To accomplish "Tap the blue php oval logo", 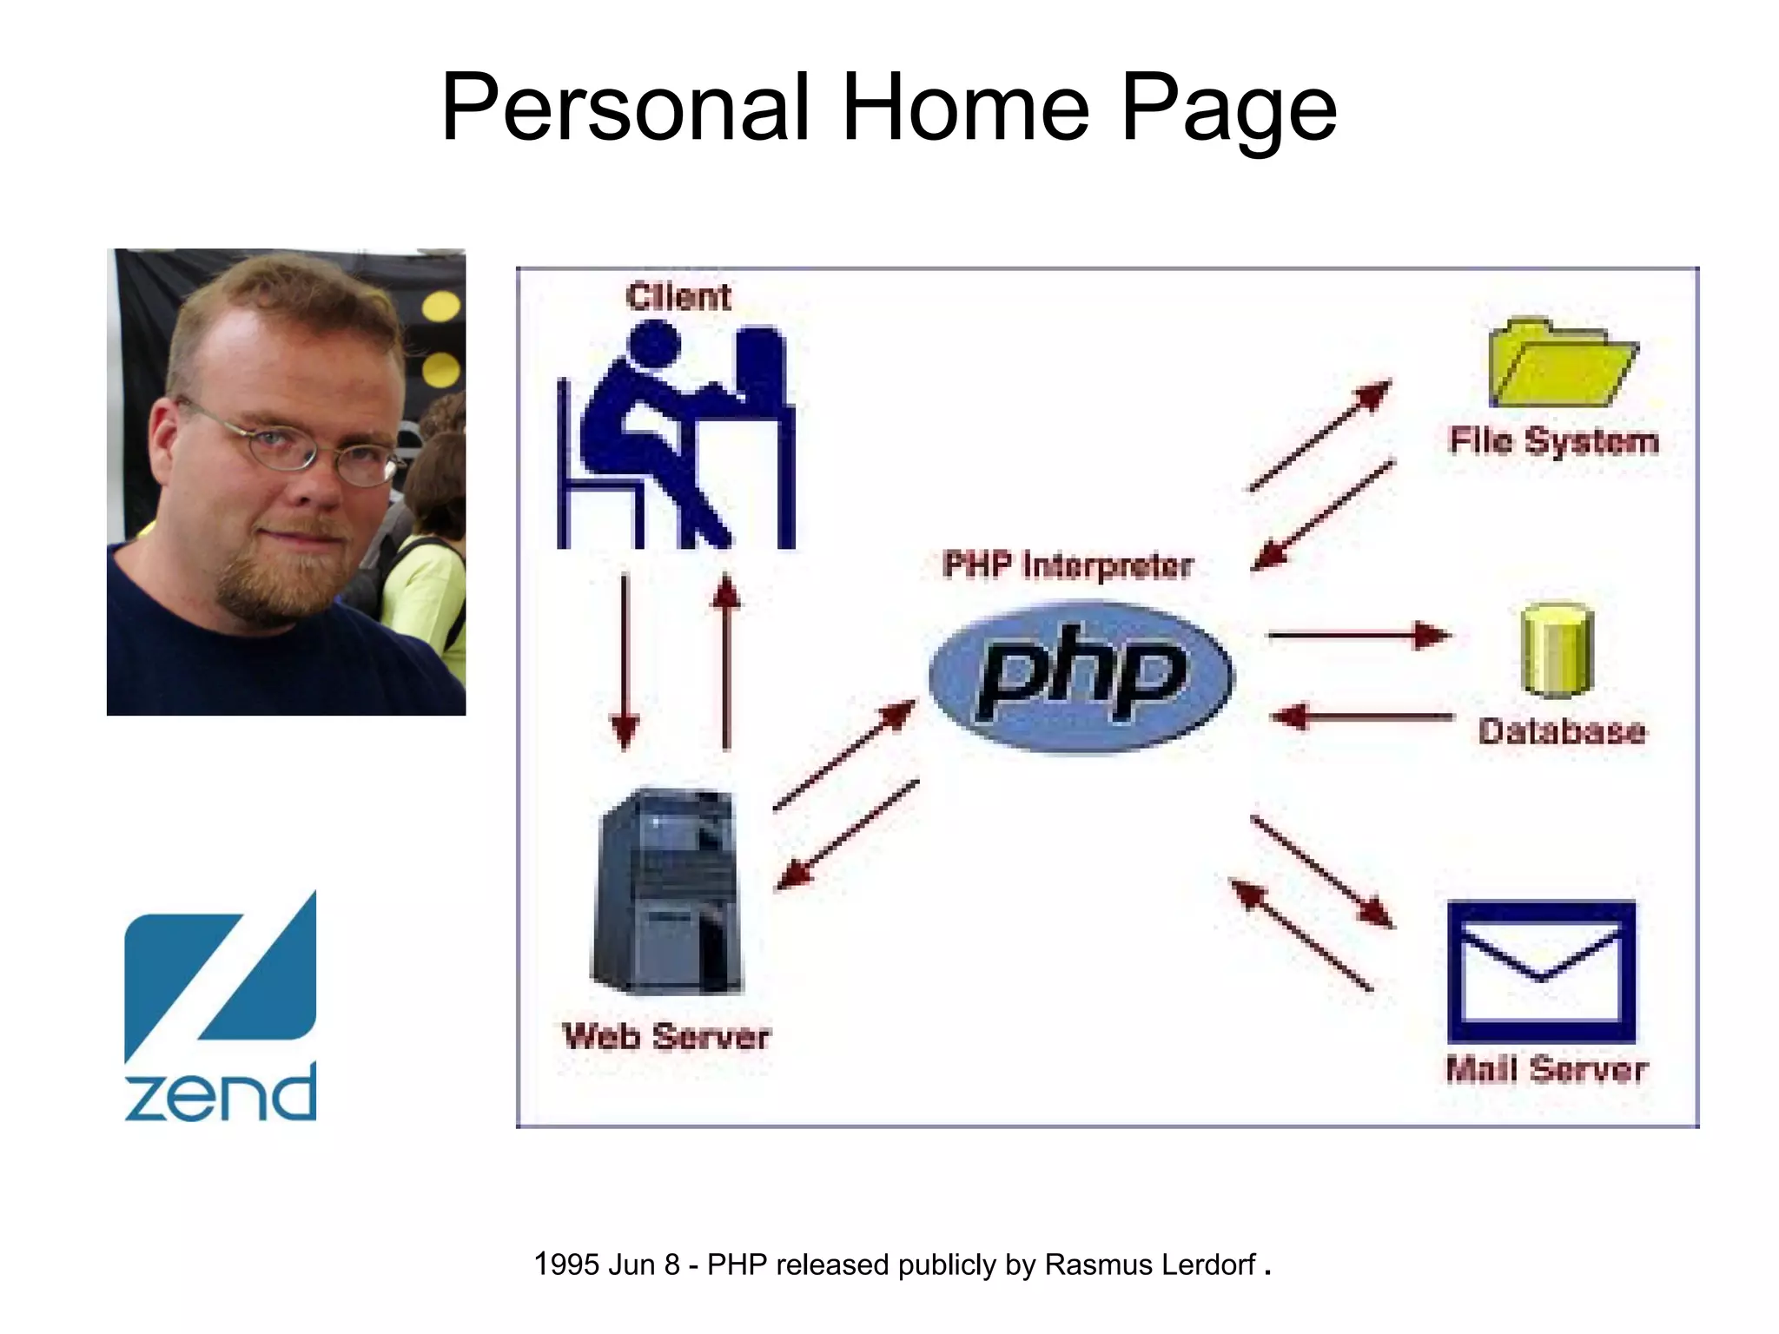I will pos(1081,677).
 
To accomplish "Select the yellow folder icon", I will pos(1561,365).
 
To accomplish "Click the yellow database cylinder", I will pos(1557,650).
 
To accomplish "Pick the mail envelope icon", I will pos(1541,971).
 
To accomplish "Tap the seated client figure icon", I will pos(676,436).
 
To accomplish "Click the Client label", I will pos(678,297).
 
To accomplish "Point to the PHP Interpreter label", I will pos(1067,565).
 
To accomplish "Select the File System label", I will pos(1553,441).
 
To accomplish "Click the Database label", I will pos(1561,731).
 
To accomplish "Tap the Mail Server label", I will pos(1546,1069).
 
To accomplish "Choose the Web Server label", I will pos(666,1036).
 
